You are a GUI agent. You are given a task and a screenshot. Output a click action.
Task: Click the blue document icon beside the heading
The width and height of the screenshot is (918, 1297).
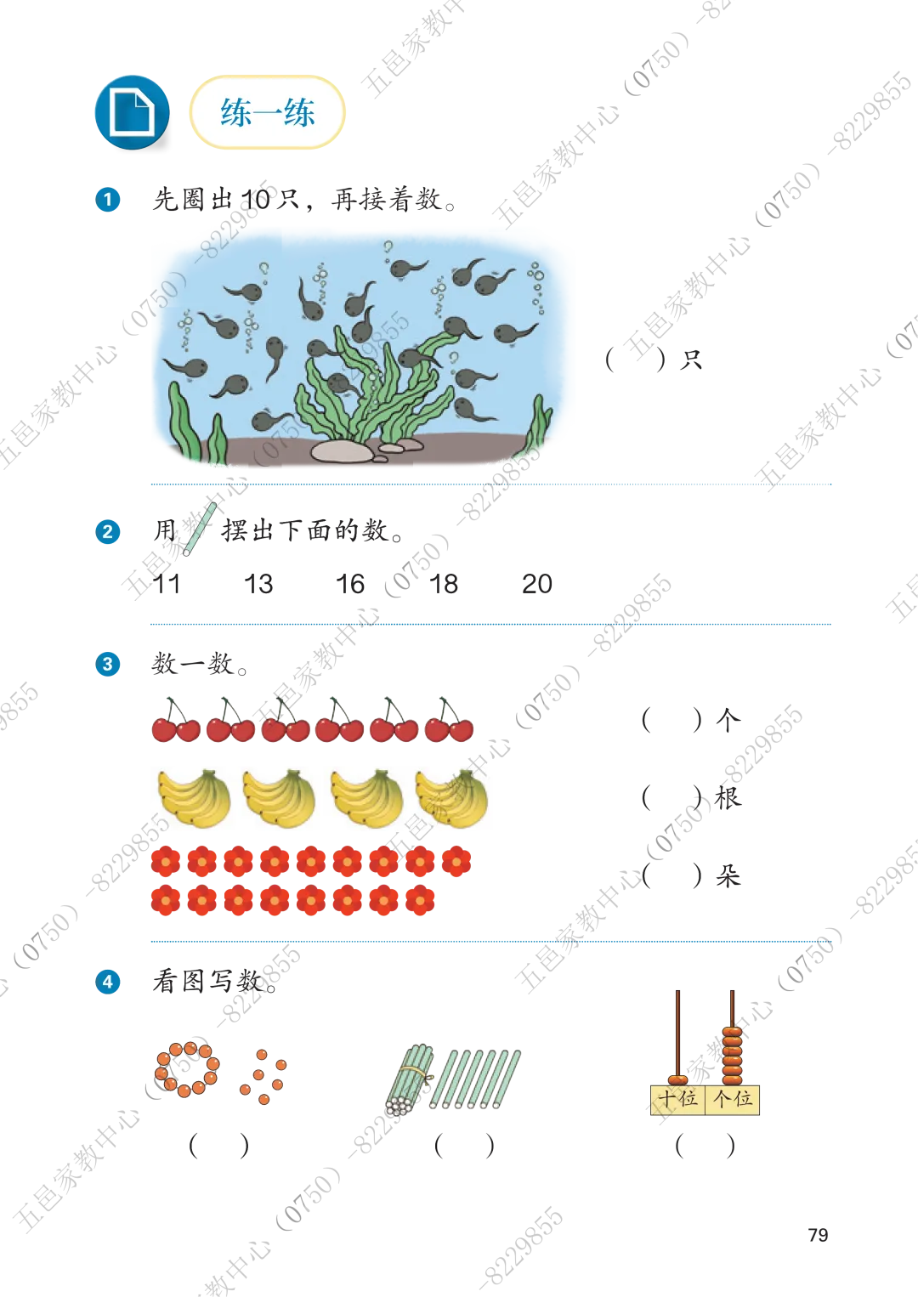coord(132,112)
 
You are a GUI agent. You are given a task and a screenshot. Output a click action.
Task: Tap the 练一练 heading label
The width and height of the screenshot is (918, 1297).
coord(267,112)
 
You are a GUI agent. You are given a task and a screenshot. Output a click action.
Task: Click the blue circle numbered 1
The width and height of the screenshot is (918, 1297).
coord(108,200)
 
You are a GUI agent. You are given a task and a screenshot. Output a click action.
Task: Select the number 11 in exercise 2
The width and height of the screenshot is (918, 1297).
coord(167,584)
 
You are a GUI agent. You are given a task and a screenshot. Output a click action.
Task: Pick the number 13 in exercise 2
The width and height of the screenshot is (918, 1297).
coord(258,584)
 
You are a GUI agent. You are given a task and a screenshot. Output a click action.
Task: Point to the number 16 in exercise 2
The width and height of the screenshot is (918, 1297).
coord(350,584)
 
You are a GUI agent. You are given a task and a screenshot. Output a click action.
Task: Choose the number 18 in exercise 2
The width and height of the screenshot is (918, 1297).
coord(444,584)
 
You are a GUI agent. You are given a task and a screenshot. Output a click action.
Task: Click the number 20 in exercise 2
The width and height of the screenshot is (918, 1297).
coord(537,584)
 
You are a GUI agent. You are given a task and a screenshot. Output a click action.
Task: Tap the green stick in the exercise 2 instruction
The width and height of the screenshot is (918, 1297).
coord(200,530)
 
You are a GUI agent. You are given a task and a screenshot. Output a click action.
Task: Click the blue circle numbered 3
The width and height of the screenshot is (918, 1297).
coord(108,664)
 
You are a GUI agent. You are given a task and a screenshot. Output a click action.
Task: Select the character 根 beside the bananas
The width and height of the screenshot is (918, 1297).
coord(728,798)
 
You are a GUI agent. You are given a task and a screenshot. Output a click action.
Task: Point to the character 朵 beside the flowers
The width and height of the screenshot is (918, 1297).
coord(728,875)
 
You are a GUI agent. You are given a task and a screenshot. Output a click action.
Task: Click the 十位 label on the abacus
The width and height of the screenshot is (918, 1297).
coord(677,1098)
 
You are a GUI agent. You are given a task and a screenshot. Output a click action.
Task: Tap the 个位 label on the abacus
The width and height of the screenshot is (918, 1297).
coord(733,1098)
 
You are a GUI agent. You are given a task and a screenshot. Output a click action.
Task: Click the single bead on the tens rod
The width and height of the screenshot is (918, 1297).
coord(677,1079)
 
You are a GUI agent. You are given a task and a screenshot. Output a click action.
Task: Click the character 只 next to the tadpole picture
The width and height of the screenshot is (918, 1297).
coord(690,360)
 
